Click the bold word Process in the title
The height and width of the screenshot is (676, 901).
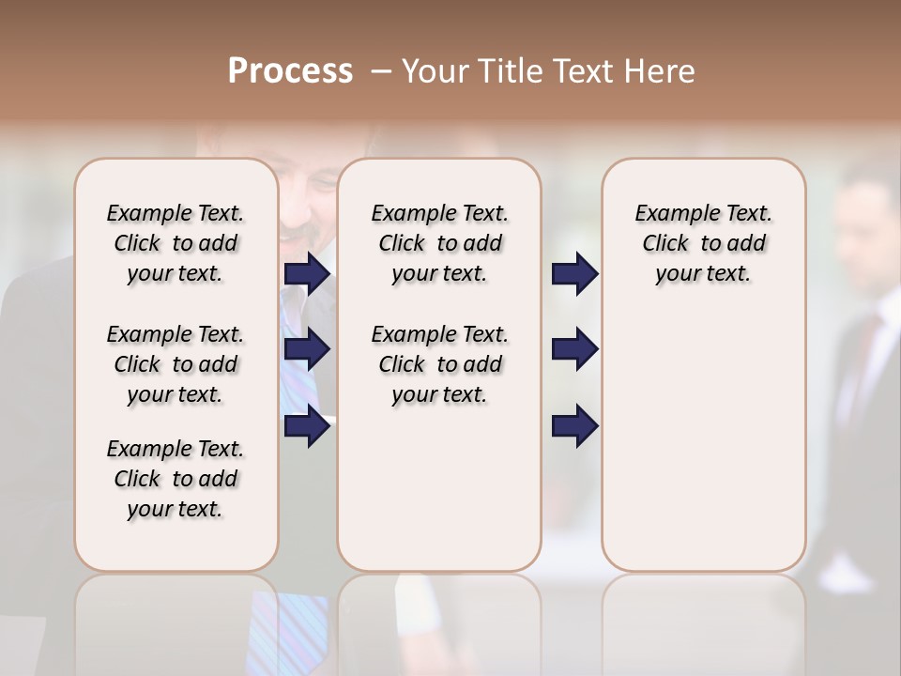tap(290, 71)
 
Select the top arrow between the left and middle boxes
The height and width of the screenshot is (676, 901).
tap(307, 273)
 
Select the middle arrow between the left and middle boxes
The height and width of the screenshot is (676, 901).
tap(307, 350)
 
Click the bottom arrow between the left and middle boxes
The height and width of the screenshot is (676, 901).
tap(307, 426)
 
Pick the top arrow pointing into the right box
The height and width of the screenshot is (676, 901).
tap(574, 273)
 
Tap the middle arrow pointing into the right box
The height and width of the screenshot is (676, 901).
tap(574, 350)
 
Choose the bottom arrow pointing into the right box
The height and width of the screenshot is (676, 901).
tap(574, 426)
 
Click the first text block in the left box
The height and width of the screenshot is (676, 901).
tap(176, 243)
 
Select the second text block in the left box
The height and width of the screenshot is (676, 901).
tap(176, 364)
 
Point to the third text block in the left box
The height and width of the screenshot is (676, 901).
tap(176, 479)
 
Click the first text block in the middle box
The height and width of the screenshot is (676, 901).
tap(439, 243)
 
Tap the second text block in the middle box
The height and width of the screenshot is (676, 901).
tap(439, 364)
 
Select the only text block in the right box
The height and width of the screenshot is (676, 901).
tap(703, 243)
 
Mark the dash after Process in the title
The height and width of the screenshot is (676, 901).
tap(381, 71)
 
